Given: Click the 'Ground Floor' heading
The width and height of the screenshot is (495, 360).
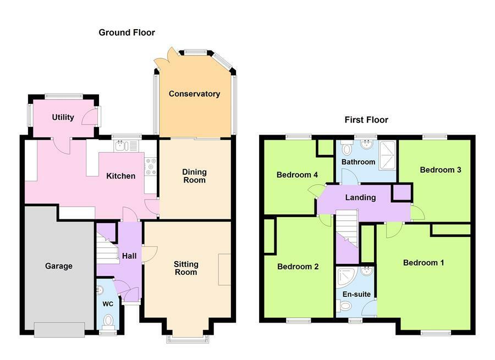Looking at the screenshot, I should pos(127,32).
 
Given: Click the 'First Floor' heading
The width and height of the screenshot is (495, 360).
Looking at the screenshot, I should pos(366,119).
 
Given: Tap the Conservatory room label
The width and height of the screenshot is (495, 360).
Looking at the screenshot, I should pos(194,94).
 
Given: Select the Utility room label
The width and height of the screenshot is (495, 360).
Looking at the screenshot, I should pos(63,117).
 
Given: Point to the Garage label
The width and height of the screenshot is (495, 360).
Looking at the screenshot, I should pos(58,266).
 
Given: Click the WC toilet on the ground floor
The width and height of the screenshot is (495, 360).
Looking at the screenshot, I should pos(108,319).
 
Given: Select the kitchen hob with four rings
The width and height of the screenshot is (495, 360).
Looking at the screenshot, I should pos(150,167).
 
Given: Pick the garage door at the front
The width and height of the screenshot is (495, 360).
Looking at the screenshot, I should pos(59,329).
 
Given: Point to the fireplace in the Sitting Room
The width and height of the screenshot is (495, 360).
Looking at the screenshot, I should pos(224,269).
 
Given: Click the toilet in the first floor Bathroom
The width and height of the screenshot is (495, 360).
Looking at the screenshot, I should pos(346,148).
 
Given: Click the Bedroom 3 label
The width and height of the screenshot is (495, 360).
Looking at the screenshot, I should pos(440,170).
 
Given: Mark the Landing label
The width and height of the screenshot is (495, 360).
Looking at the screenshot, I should pos(360,197).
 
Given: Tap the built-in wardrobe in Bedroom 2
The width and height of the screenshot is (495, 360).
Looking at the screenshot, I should pos(269,236).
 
